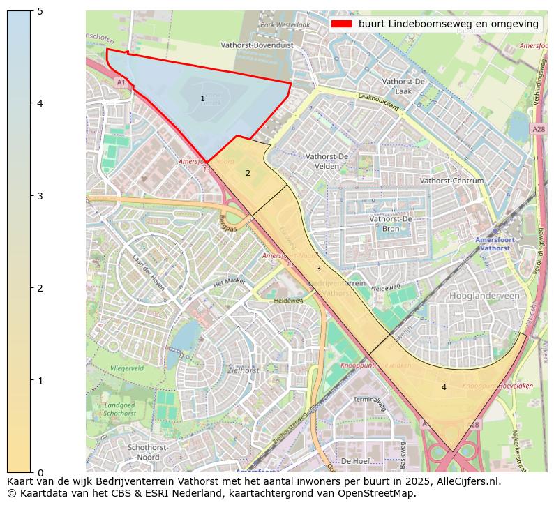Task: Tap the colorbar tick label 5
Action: tap(40, 11)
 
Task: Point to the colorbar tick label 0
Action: tap(40, 473)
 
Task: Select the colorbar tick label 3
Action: tap(40, 196)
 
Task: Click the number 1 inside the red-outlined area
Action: tap(202, 99)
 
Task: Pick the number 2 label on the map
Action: tap(247, 173)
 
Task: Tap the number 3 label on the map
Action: tap(318, 269)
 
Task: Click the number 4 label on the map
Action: tap(444, 387)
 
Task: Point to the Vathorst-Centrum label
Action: tap(452, 181)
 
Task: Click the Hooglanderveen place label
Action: tap(485, 296)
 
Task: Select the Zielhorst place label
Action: tap(244, 370)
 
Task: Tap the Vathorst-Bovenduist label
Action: tap(257, 45)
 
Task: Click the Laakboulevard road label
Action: tap(377, 103)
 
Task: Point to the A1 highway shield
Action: tap(121, 82)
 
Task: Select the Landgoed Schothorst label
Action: tap(119, 409)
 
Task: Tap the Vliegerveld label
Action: tap(127, 368)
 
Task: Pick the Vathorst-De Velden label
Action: tap(327, 161)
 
